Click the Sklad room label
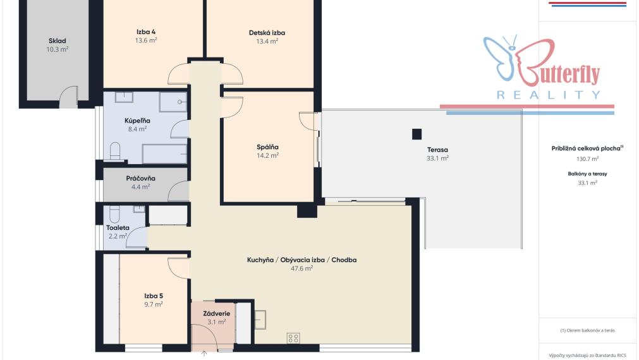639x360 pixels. tap(57, 40)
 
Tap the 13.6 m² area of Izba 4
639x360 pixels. tap(146, 40)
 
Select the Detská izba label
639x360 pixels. tap(267, 33)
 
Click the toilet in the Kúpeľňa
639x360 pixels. tap(115, 151)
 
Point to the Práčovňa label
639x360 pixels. tap(140, 178)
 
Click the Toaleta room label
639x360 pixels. tap(118, 228)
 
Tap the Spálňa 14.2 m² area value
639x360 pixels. tap(268, 155)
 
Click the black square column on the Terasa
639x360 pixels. tap(417, 134)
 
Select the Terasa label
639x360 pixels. tap(437, 150)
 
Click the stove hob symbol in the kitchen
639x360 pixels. tap(293, 338)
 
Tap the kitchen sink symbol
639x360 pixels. tap(260, 320)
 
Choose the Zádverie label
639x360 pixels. tap(217, 313)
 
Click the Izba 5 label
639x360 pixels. tap(154, 296)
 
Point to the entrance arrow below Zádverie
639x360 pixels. tap(204, 354)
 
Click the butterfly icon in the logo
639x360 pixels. tap(501, 57)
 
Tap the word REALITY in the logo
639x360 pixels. tap(549, 95)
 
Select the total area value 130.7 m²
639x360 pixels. tap(587, 159)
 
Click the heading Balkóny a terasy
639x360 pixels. tap(587, 174)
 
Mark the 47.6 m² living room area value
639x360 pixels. tap(301, 268)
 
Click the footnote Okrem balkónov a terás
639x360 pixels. tap(587, 330)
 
